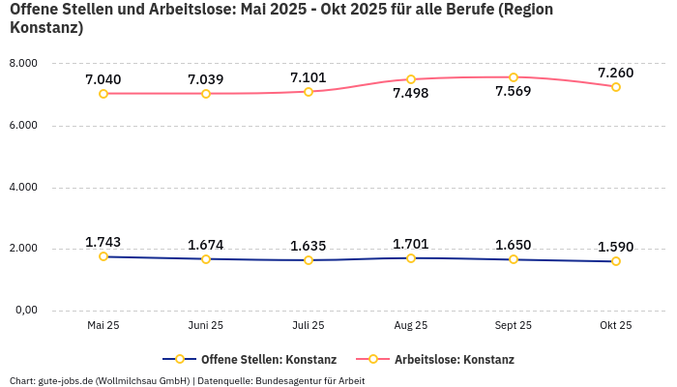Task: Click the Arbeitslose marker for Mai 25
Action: (103, 94)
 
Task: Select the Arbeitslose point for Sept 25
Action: (514, 77)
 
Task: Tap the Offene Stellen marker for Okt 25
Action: (616, 261)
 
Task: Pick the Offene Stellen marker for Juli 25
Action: (309, 260)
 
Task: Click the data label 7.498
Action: (411, 94)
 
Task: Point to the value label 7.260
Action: (616, 73)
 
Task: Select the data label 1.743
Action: (103, 242)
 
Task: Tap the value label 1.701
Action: (411, 244)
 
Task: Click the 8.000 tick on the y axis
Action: (22, 63)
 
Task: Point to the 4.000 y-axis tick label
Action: (22, 187)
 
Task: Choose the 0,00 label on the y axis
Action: (24, 311)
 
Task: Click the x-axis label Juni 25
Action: (206, 326)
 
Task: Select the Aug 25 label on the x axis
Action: (411, 326)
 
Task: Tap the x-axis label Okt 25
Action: (616, 326)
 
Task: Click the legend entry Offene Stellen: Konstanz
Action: (268, 359)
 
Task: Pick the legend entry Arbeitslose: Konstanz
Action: (454, 359)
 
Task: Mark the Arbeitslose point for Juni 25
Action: (206, 94)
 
